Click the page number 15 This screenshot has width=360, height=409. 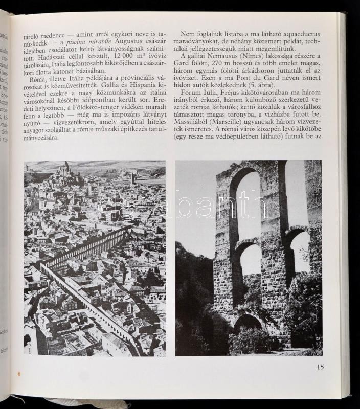(320, 366)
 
